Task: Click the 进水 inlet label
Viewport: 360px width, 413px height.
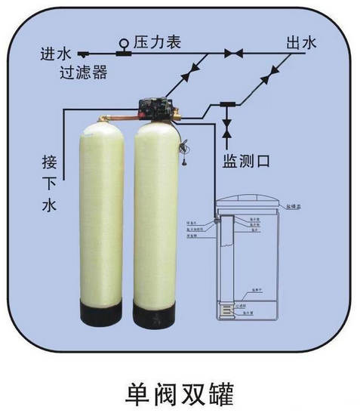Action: pyautogui.click(x=55, y=55)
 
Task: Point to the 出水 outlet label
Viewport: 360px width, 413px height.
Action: pyautogui.click(x=300, y=42)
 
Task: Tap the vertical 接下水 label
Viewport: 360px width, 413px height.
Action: pyautogui.click(x=51, y=184)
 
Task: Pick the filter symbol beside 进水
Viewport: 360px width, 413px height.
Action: pyautogui.click(x=82, y=54)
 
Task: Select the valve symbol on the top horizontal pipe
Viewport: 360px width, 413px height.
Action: pyautogui.click(x=232, y=54)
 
